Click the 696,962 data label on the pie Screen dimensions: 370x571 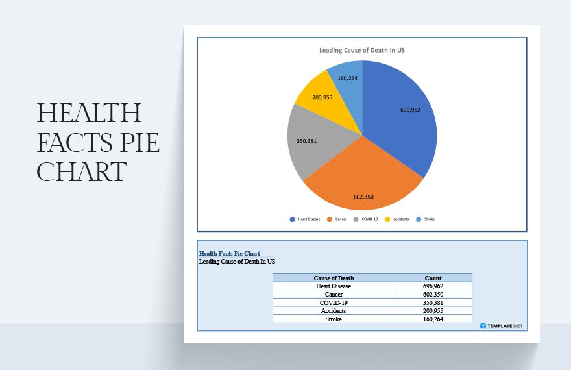[x=410, y=110]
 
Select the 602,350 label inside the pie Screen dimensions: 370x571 [x=363, y=197]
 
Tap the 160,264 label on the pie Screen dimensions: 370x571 [x=348, y=78]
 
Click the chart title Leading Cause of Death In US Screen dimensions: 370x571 [x=362, y=50]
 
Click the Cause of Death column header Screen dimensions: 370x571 [x=334, y=278]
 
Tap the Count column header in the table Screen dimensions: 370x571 [x=433, y=278]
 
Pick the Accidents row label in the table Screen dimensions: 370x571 [x=334, y=311]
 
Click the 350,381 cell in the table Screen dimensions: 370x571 [x=433, y=302]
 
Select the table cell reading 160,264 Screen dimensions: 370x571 [x=433, y=319]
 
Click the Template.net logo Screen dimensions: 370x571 [x=501, y=325]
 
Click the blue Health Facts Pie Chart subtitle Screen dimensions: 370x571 [x=230, y=253]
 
